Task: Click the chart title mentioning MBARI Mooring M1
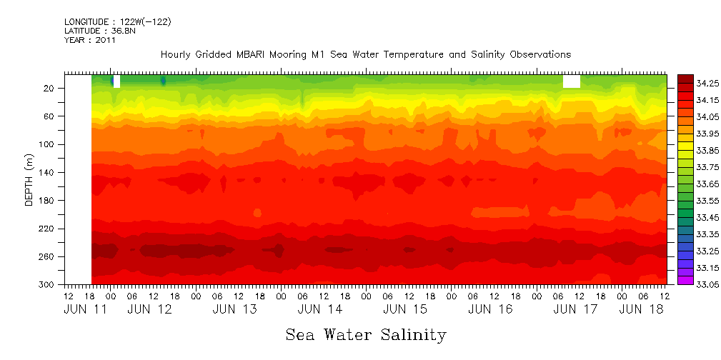tap(365, 54)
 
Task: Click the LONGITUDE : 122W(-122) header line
tap(117, 22)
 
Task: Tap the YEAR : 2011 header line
tap(89, 40)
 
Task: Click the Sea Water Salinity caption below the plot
tap(365, 334)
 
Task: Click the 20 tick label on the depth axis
tap(49, 89)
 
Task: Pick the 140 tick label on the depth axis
tap(46, 173)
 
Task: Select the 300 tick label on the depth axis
tap(46, 285)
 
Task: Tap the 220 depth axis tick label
tap(46, 229)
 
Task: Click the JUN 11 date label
tap(81, 309)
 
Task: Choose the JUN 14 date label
tap(319, 309)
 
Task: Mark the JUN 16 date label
tap(490, 309)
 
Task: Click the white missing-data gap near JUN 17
tap(571, 81)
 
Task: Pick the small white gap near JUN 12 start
tap(116, 81)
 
